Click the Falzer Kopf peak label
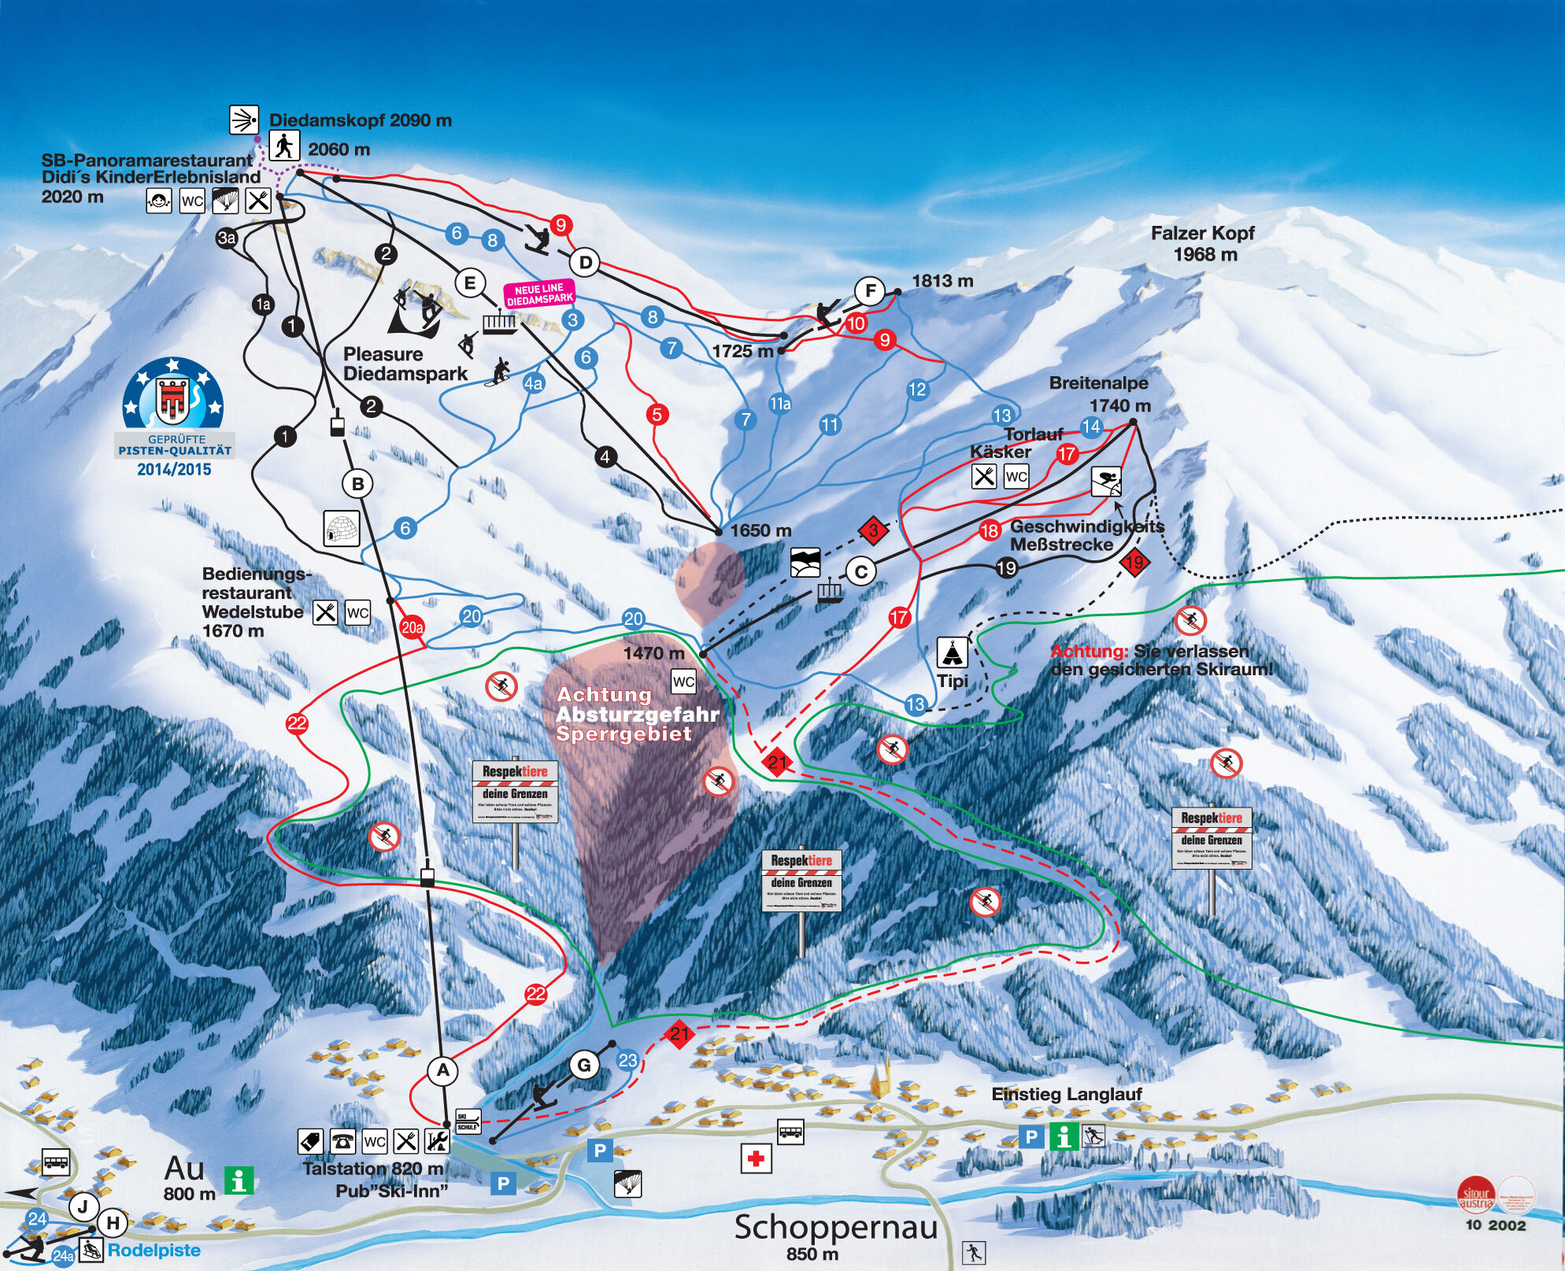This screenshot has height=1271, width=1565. point(1202,243)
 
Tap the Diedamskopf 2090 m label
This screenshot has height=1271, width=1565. point(361,120)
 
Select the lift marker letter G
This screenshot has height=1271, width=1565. point(584,1066)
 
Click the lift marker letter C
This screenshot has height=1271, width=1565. point(861,571)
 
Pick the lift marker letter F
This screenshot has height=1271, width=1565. point(870,290)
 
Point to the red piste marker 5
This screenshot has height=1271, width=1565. point(657,414)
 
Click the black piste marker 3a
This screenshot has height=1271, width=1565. point(227,238)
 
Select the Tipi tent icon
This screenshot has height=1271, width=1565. point(953,653)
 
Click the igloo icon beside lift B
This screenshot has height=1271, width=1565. point(342,528)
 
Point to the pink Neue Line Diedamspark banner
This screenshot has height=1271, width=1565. point(540,294)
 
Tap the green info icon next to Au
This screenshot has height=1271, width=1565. point(239,1180)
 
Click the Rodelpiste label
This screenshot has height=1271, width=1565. point(154,1251)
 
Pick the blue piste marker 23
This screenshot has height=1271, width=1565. point(627,1061)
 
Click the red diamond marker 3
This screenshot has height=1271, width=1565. point(873,530)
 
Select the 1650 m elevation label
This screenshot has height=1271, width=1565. point(760,530)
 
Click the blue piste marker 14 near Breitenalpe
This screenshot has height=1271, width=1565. point(1091,427)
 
